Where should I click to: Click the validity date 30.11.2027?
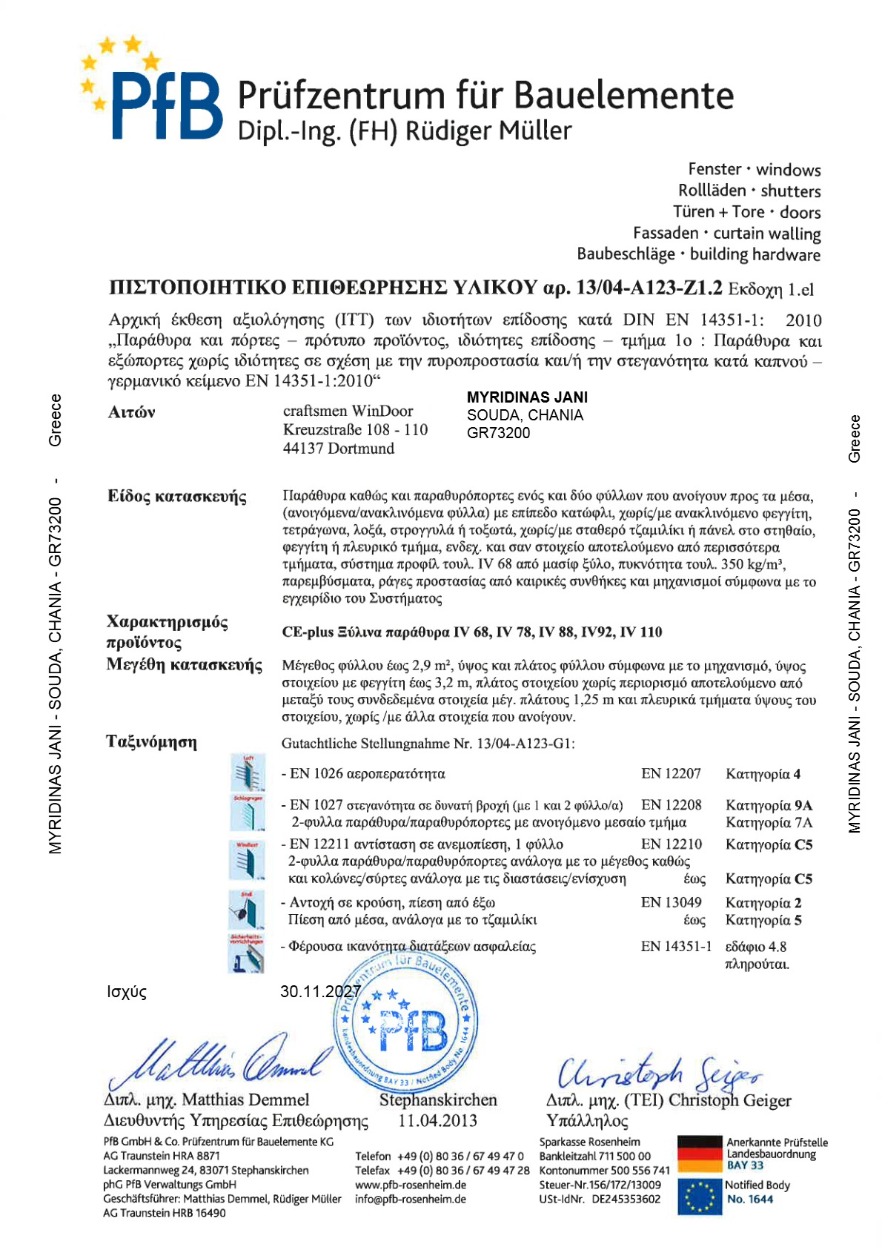320,991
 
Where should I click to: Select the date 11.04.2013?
437,1120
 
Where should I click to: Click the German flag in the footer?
699,1154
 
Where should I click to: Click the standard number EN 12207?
671,774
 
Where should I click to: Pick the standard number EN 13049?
671,902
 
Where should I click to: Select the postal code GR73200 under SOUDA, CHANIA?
498,433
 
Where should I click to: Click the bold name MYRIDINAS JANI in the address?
527,397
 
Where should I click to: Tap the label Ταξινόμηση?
152,742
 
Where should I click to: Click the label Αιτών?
132,412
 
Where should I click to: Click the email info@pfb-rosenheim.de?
410,1199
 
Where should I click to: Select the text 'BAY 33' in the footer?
745,1165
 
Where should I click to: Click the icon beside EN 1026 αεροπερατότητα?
248,773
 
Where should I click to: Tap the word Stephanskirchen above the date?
438,1099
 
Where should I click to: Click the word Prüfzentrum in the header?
340,96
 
